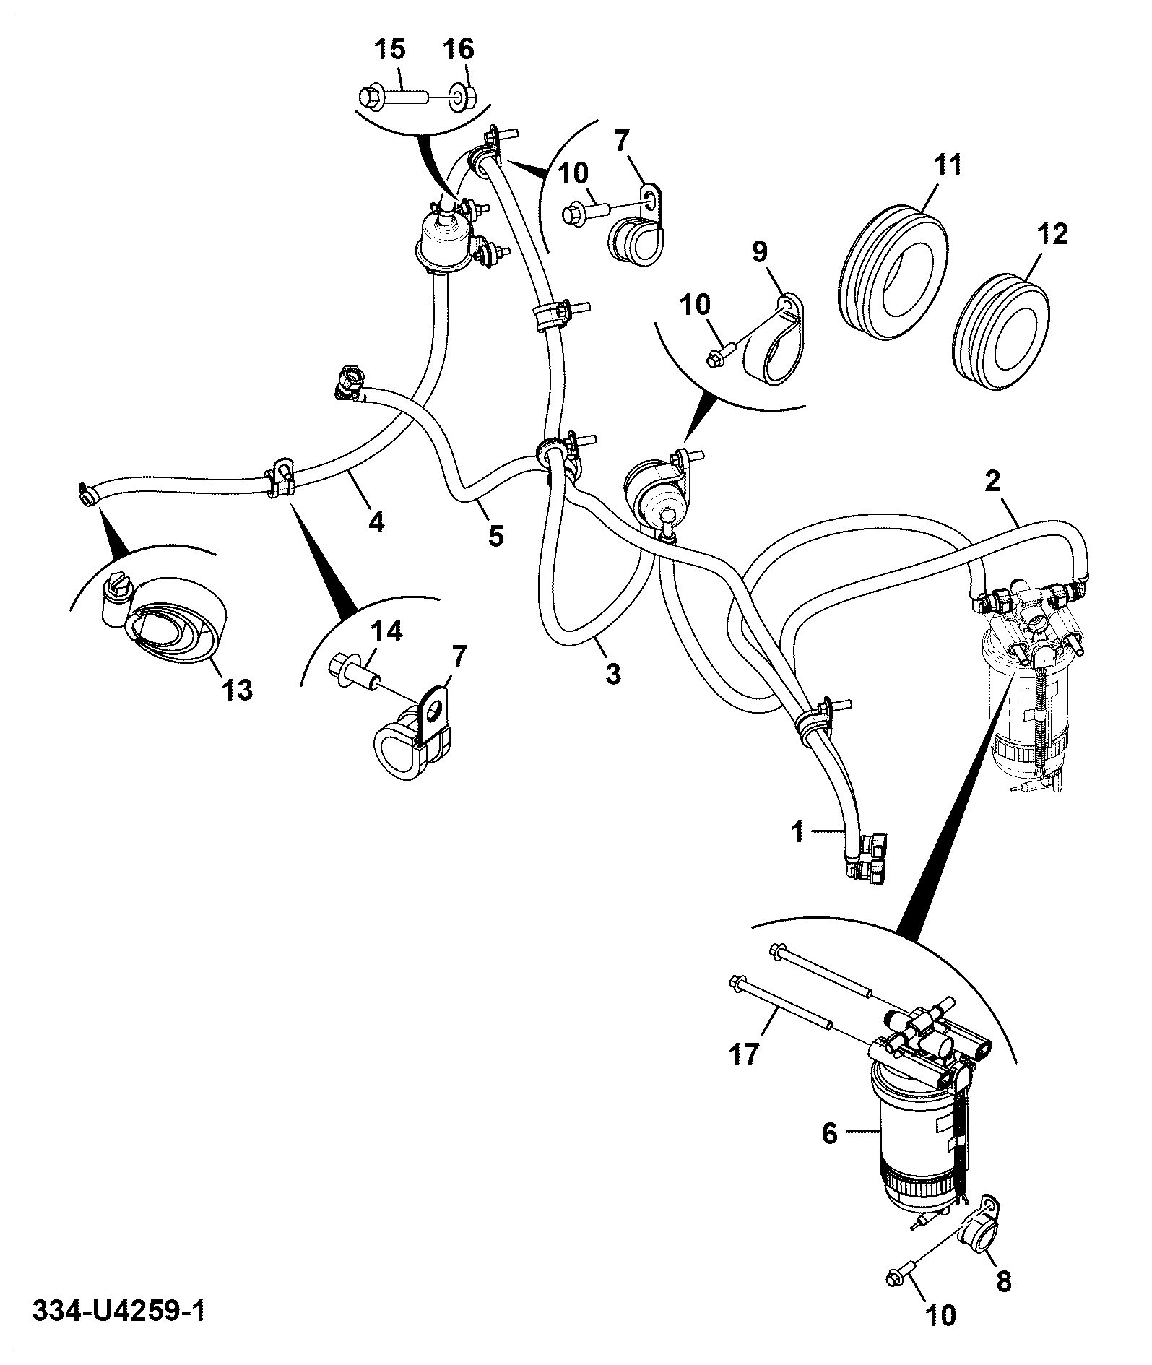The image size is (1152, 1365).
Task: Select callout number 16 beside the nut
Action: point(458,50)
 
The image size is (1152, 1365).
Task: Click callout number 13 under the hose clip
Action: point(238,690)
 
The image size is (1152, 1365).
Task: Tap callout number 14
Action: point(386,632)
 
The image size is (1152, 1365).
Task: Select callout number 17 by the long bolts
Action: point(745,1054)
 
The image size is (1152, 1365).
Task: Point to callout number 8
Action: point(1003,1281)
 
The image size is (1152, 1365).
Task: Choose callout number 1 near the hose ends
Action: point(797,833)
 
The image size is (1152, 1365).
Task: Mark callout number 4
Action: point(376,521)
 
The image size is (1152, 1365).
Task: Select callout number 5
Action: point(495,535)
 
